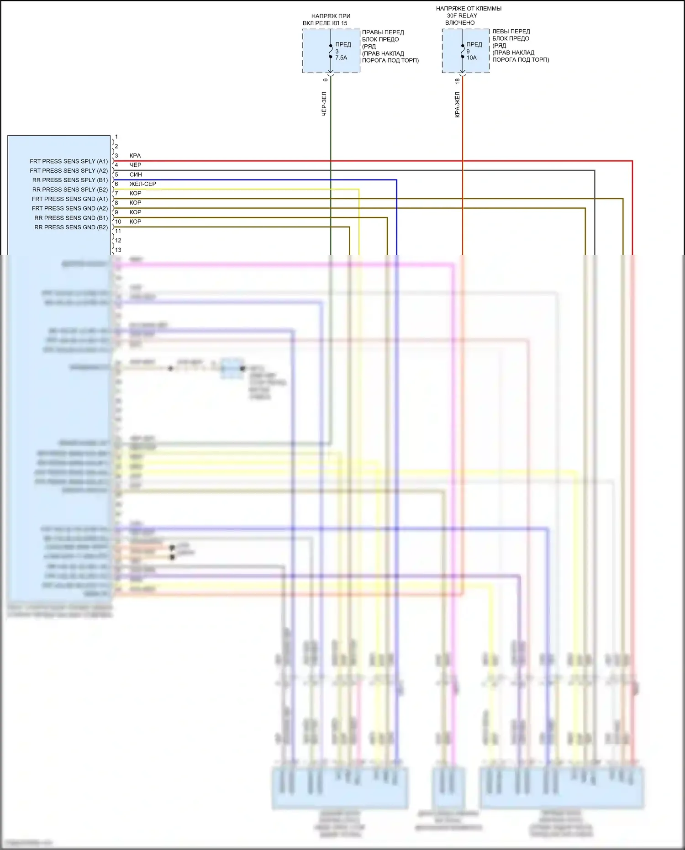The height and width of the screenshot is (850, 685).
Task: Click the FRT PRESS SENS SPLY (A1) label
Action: [69, 161]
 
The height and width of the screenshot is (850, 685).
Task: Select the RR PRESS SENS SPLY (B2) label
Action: [70, 190]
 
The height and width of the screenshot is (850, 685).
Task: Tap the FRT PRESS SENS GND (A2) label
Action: [70, 208]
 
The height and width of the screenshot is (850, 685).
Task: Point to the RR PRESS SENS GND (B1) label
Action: [71, 218]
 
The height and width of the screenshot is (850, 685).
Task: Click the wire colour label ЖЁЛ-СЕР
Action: [142, 184]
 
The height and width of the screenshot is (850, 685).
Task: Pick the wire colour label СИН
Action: [136, 174]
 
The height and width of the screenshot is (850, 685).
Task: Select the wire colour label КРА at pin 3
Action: [135, 156]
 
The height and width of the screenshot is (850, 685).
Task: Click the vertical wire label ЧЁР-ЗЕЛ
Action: [324, 104]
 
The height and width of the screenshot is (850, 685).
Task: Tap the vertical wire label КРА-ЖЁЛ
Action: [457, 105]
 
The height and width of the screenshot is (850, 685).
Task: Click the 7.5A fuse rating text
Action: [341, 58]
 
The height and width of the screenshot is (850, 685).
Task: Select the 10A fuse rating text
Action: [471, 58]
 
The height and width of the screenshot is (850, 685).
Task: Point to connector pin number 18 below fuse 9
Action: [457, 81]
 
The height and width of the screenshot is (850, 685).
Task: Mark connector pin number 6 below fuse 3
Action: [325, 80]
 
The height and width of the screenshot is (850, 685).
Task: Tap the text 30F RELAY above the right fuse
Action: [462, 16]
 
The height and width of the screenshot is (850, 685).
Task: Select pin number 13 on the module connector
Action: [118, 250]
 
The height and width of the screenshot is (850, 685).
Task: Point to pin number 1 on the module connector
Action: [116, 137]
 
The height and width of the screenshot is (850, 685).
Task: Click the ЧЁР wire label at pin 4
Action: [135, 165]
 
